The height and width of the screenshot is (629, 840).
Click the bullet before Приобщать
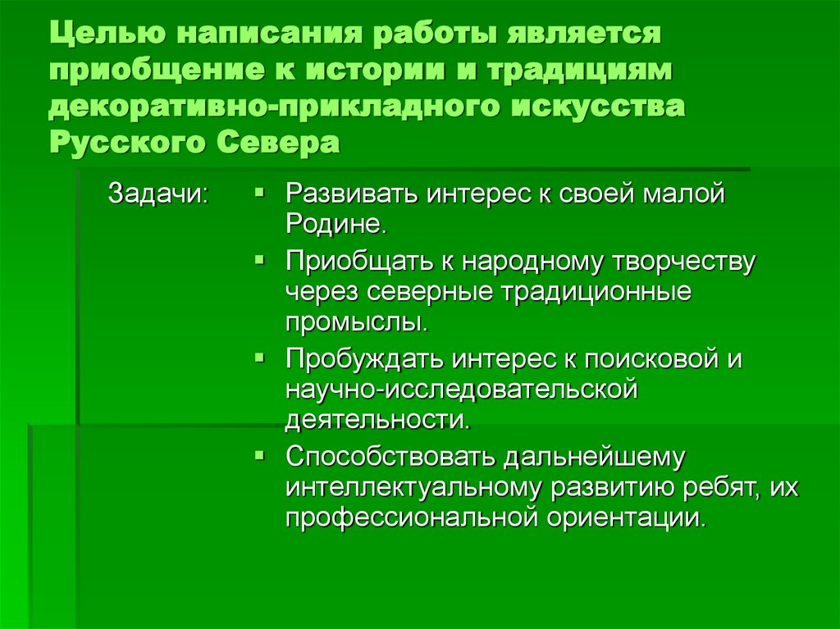click(x=258, y=260)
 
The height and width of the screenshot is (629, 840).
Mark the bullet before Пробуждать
click(x=258, y=358)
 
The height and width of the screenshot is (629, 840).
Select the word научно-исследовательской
click(x=462, y=390)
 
